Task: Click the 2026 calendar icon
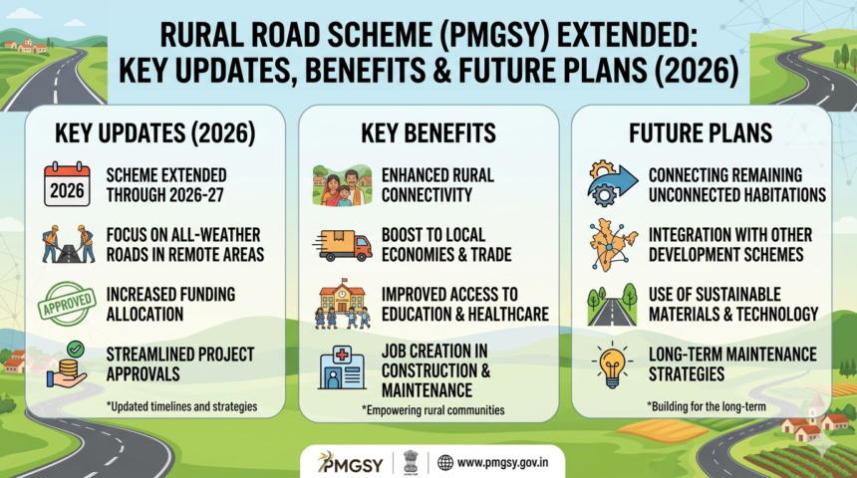pyautogui.click(x=67, y=185)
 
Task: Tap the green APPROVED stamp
pyautogui.click(x=67, y=303)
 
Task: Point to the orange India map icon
pyautogui.click(x=613, y=244)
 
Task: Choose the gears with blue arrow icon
pyautogui.click(x=613, y=184)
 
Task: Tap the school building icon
pyautogui.click(x=341, y=304)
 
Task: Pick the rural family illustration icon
pyautogui.click(x=341, y=185)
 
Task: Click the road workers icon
pyautogui.click(x=67, y=244)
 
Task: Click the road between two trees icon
pyautogui.click(x=613, y=304)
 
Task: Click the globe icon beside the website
pyautogui.click(x=445, y=462)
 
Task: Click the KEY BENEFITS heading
pyautogui.click(x=428, y=133)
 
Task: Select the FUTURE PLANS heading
pyautogui.click(x=701, y=133)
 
